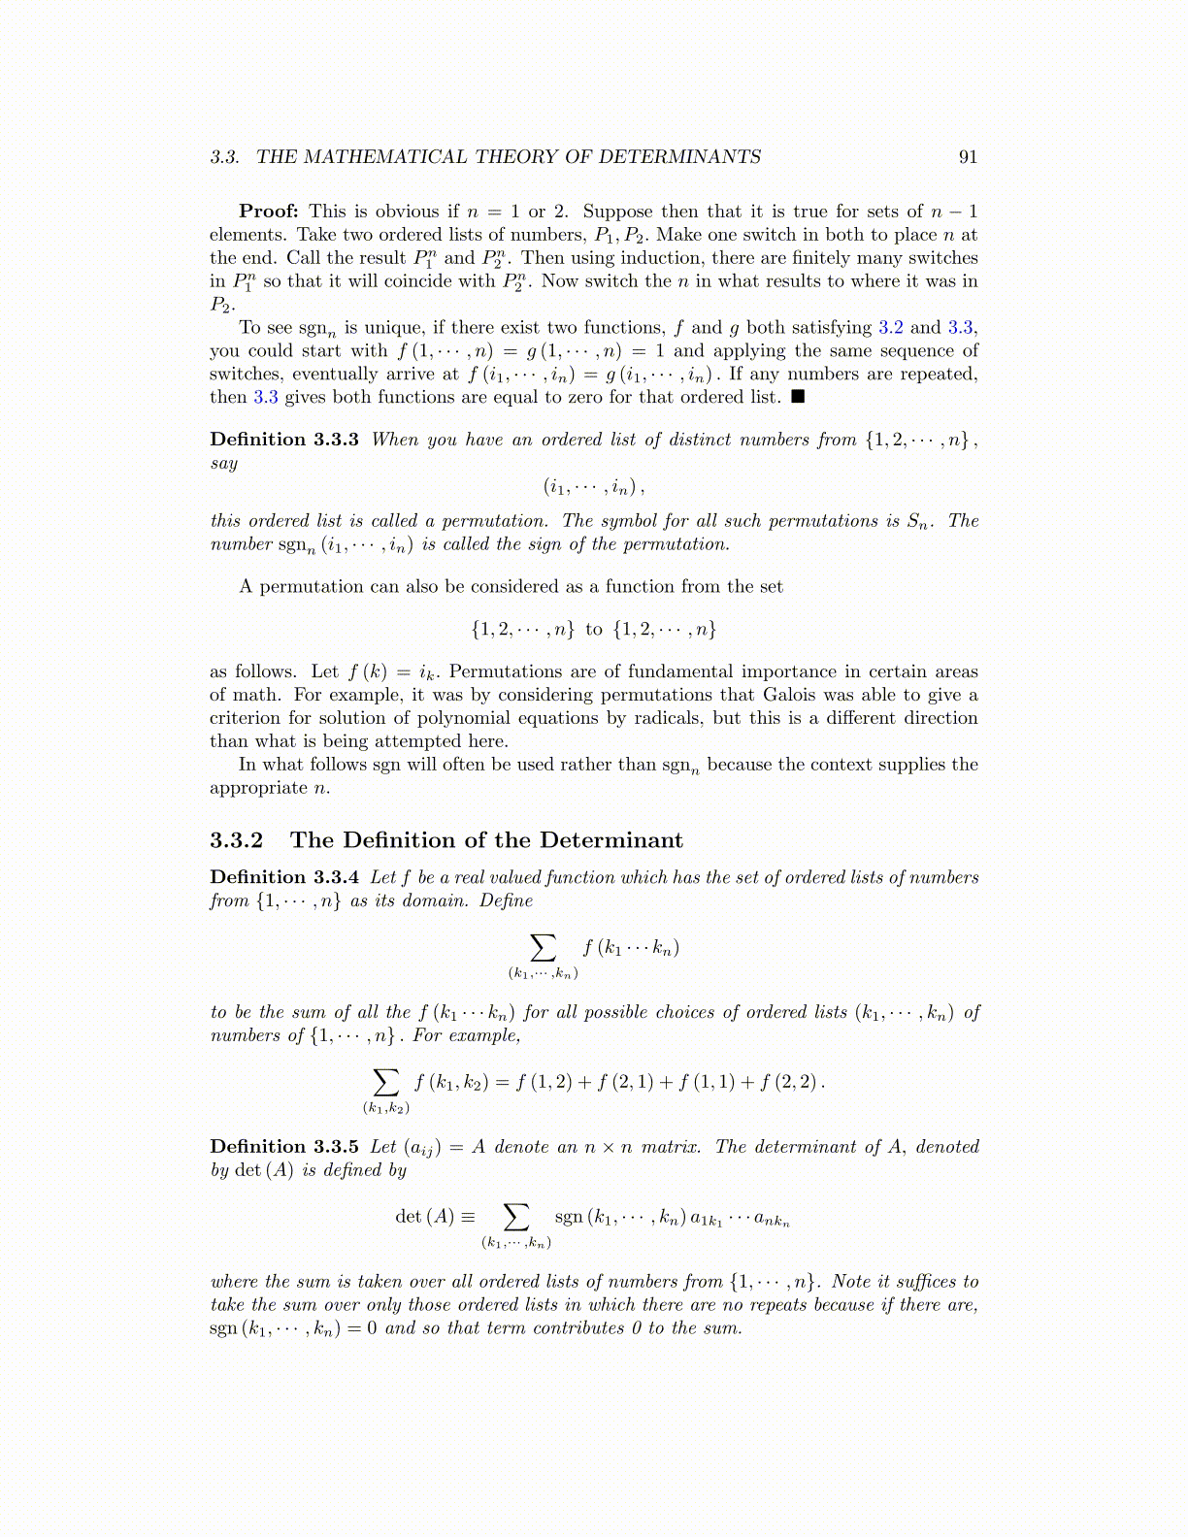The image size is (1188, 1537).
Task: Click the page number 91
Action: point(968,157)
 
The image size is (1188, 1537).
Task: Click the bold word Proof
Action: point(269,212)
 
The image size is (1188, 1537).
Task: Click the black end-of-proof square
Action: point(798,397)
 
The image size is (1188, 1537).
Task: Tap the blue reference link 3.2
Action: point(890,328)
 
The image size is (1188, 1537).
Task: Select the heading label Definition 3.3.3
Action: point(284,440)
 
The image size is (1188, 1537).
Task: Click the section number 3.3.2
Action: point(236,840)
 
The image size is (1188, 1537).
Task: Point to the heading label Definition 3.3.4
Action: point(284,877)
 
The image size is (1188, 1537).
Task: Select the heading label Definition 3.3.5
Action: point(284,1147)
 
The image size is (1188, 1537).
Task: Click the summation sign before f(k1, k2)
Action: point(386,1081)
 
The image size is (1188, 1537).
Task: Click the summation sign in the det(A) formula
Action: point(516,1216)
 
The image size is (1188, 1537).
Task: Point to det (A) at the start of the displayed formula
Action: point(424,1217)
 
